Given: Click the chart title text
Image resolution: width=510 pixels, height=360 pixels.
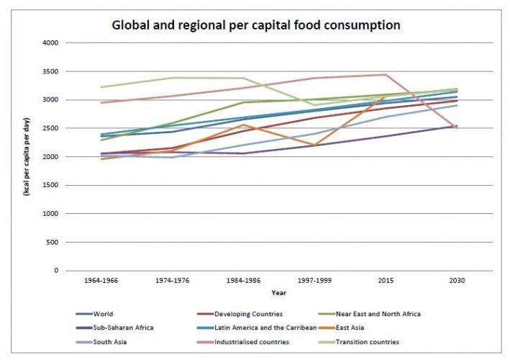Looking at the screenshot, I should tap(255, 25).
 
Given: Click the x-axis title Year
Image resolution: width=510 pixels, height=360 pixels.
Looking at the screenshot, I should tap(278, 293).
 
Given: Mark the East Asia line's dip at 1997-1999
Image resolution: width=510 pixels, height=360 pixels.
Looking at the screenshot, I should tap(314, 145).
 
